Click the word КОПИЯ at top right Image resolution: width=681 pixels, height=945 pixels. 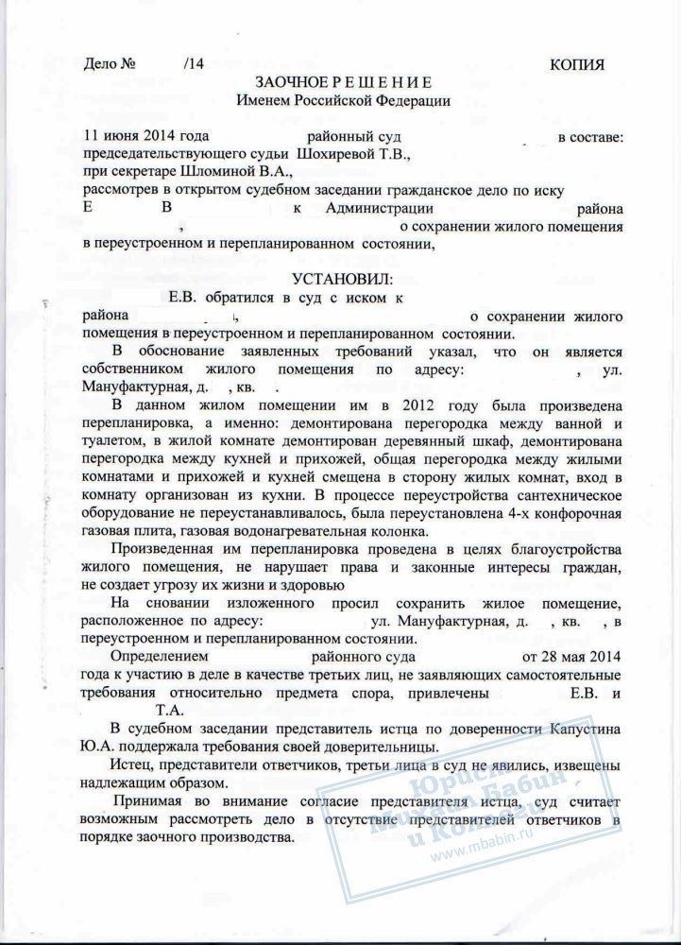[576, 64]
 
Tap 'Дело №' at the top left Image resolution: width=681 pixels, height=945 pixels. [111, 64]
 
